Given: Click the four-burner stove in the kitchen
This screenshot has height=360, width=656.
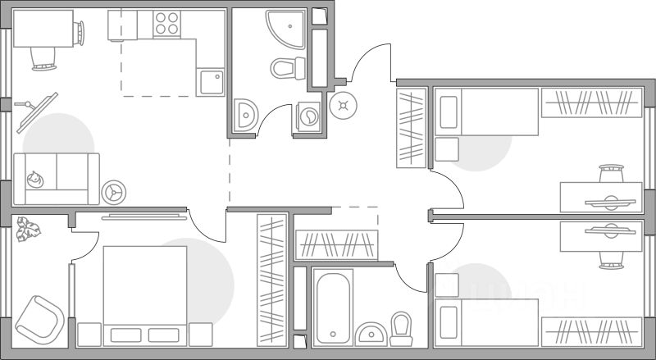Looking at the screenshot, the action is (167, 24).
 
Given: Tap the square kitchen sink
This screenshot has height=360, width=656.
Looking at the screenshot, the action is (210, 82).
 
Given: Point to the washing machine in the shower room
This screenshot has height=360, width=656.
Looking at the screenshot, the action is (308, 116).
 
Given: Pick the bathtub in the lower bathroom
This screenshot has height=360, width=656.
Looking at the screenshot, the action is (333, 306).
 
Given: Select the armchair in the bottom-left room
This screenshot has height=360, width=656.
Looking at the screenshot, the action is (38, 317).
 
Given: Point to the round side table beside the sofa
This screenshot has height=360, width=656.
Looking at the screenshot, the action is (113, 192).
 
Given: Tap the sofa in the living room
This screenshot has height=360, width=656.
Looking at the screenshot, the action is (56, 178).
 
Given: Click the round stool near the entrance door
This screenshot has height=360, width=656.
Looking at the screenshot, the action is (343, 104).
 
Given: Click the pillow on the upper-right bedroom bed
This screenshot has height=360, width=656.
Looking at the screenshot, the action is (448, 112).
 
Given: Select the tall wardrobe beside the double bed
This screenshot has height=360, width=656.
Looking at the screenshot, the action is (271, 279).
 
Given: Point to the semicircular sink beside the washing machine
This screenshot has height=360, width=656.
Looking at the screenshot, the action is (244, 116).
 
